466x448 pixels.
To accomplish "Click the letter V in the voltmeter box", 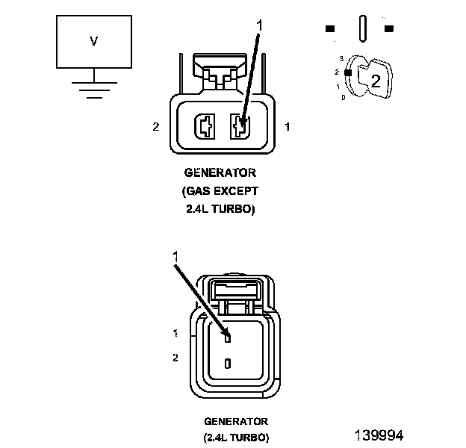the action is (x=93, y=41).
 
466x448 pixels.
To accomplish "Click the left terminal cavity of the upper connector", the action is (x=205, y=126).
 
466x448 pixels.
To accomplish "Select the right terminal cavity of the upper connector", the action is (x=240, y=126).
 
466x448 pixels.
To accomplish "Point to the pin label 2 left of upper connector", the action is (x=156, y=127).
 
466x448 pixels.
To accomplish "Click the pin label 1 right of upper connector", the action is (x=287, y=127).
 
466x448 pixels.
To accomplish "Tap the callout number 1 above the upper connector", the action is (x=259, y=25).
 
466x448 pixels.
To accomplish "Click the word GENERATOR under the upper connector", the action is (x=220, y=172).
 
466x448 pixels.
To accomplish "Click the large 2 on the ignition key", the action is (x=376, y=81).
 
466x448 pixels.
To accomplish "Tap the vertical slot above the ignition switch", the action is (x=363, y=28).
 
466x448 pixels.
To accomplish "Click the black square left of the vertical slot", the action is (x=330, y=28).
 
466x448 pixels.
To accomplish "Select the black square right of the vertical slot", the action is (x=389, y=28).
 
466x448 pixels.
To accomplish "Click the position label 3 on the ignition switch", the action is (x=341, y=58).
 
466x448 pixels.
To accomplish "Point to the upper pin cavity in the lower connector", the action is (x=228, y=337).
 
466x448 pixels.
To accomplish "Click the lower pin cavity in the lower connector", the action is (x=228, y=364).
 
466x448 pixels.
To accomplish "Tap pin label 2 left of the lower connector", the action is (x=175, y=358).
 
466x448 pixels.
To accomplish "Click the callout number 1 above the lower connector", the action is (x=175, y=256).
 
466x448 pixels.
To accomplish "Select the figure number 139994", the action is (x=379, y=435).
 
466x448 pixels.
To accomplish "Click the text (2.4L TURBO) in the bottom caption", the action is (x=236, y=438).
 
